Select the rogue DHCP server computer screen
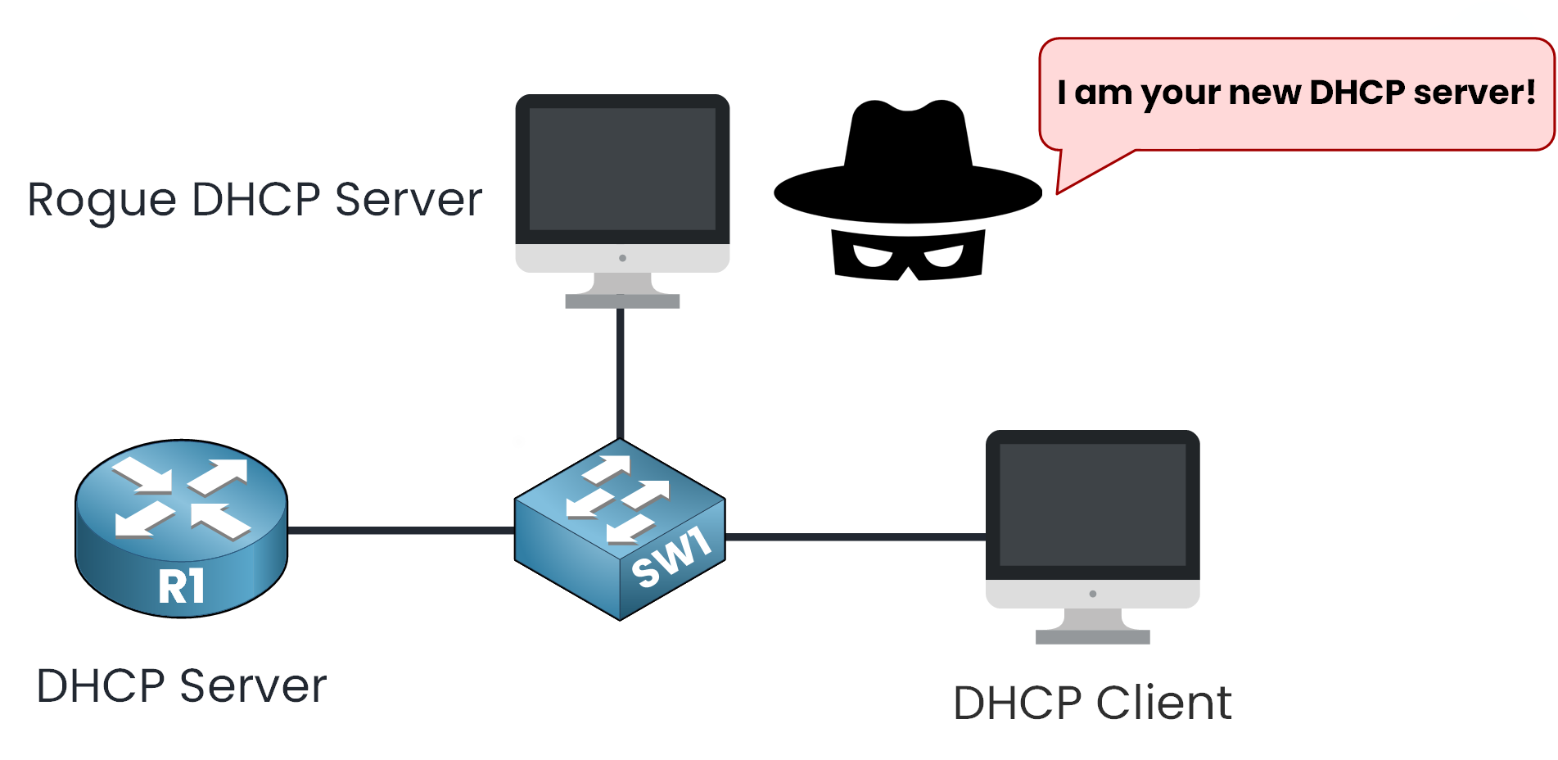[x=622, y=170]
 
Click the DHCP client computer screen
[x=1092, y=504]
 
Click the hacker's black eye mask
[x=908, y=254]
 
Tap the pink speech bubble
[x=1296, y=94]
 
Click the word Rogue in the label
[x=102, y=201]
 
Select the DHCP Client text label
[x=1092, y=703]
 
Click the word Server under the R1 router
[x=253, y=686]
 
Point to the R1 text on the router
[x=181, y=586]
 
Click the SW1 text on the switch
[x=671, y=558]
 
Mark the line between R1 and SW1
[x=401, y=530]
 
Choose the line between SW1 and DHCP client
[x=856, y=537]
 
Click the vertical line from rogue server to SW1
[x=621, y=373]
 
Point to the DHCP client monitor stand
[x=1092, y=627]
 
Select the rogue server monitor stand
[x=622, y=292]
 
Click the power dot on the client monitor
[x=1093, y=594]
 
